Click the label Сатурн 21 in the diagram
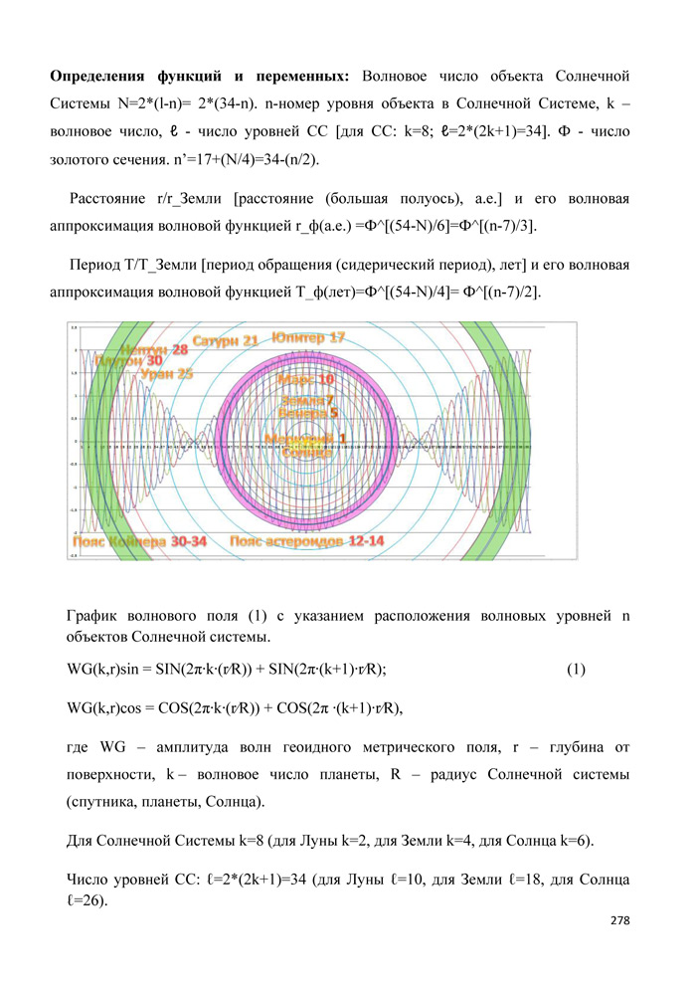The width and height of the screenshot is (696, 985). pyautogui.click(x=226, y=341)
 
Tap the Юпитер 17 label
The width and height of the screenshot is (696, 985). pyautogui.click(x=308, y=338)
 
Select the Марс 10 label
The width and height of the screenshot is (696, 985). pyautogui.click(x=305, y=379)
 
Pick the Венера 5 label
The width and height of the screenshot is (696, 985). pyautogui.click(x=308, y=411)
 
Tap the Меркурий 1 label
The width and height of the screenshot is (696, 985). pyautogui.click(x=305, y=438)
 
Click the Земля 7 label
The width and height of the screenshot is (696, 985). pyautogui.click(x=307, y=399)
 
